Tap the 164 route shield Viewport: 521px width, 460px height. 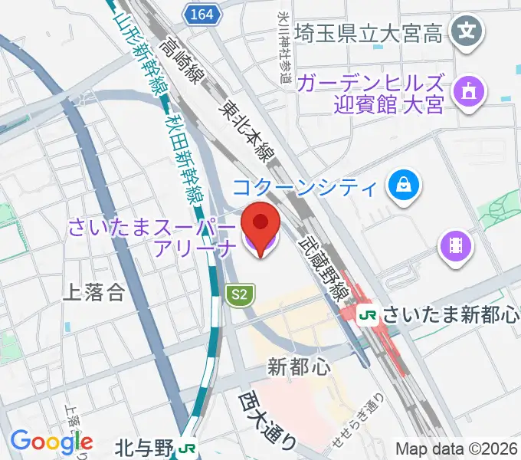pyautogui.click(x=203, y=13)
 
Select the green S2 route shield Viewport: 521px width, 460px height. pyautogui.click(x=240, y=294)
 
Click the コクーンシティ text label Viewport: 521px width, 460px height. pyautogui.click(x=304, y=187)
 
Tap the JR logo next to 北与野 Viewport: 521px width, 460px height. pyautogui.click(x=185, y=446)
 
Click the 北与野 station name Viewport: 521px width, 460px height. pyautogui.click(x=145, y=447)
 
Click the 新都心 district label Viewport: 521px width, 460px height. pyautogui.click(x=300, y=367)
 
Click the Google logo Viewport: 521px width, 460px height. pyautogui.click(x=51, y=442)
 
